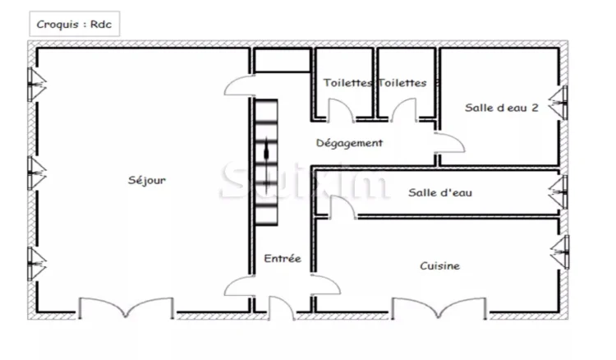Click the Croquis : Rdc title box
[x=74, y=24]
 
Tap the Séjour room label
[x=147, y=180]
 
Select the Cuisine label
[x=439, y=266]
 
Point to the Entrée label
[x=283, y=258]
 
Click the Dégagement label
[x=349, y=143]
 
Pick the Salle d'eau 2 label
[x=501, y=108]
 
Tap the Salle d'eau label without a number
[x=440, y=192]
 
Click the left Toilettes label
[x=347, y=83]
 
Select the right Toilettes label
[x=402, y=83]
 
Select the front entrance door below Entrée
[x=281, y=308]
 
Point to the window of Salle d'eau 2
[x=559, y=103]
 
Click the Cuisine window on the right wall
[x=560, y=252]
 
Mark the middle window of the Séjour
[x=36, y=173]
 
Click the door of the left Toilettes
[x=341, y=110]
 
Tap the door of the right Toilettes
[x=403, y=110]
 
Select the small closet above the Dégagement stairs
[x=283, y=60]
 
